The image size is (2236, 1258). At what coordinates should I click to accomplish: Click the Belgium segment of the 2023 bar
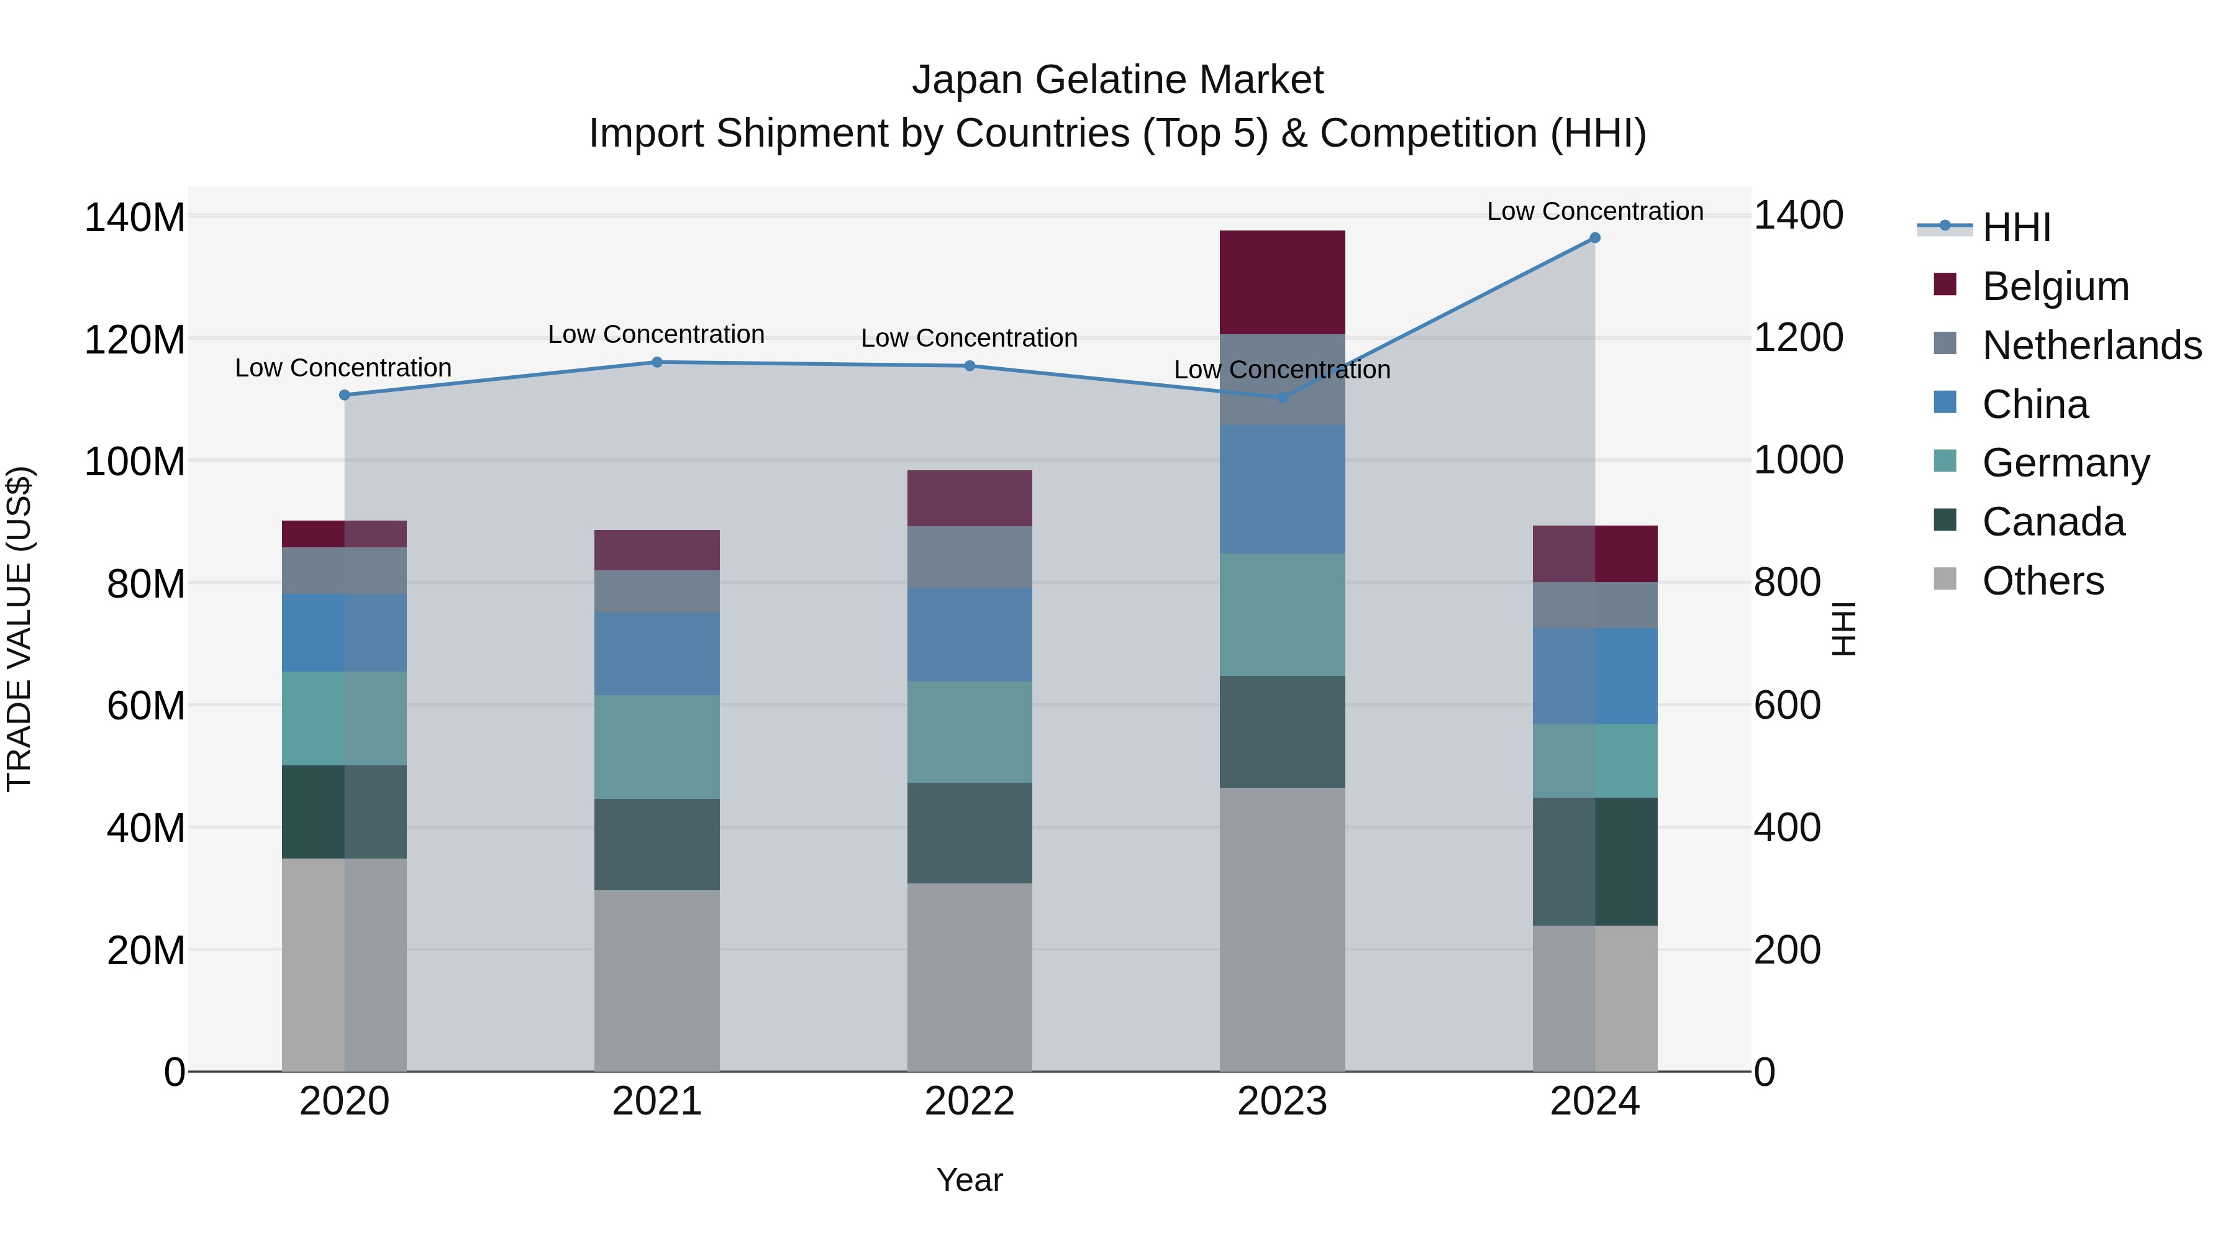[x=1282, y=282]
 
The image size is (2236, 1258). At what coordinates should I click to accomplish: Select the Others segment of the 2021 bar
[x=657, y=980]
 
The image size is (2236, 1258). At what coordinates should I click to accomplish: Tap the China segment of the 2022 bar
[x=970, y=635]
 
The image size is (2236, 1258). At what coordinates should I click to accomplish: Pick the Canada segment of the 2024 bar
[x=1594, y=861]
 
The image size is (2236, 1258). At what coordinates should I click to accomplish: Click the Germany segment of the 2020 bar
[x=345, y=718]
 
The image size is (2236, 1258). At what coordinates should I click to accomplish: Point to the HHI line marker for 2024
[x=1594, y=238]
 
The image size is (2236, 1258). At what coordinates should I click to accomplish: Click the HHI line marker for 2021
[x=657, y=362]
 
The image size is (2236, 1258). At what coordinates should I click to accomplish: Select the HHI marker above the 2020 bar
[x=345, y=395]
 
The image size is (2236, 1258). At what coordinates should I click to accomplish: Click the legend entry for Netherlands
[x=2092, y=345]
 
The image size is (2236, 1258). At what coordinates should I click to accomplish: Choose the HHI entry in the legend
[x=2016, y=227]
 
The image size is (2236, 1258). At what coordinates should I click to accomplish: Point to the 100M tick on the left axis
[x=135, y=461]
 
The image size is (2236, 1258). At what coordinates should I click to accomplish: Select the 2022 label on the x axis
[x=970, y=1101]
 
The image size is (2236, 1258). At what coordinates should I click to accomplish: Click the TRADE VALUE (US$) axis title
[x=20, y=629]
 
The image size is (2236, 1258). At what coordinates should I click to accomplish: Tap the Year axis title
[x=970, y=1180]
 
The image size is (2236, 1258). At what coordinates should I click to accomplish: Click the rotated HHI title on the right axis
[x=1843, y=629]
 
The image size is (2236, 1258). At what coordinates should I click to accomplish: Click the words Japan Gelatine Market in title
[x=1117, y=80]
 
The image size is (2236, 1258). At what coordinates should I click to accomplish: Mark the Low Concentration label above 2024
[x=1594, y=211]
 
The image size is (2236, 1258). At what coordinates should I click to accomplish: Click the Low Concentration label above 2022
[x=970, y=338]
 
